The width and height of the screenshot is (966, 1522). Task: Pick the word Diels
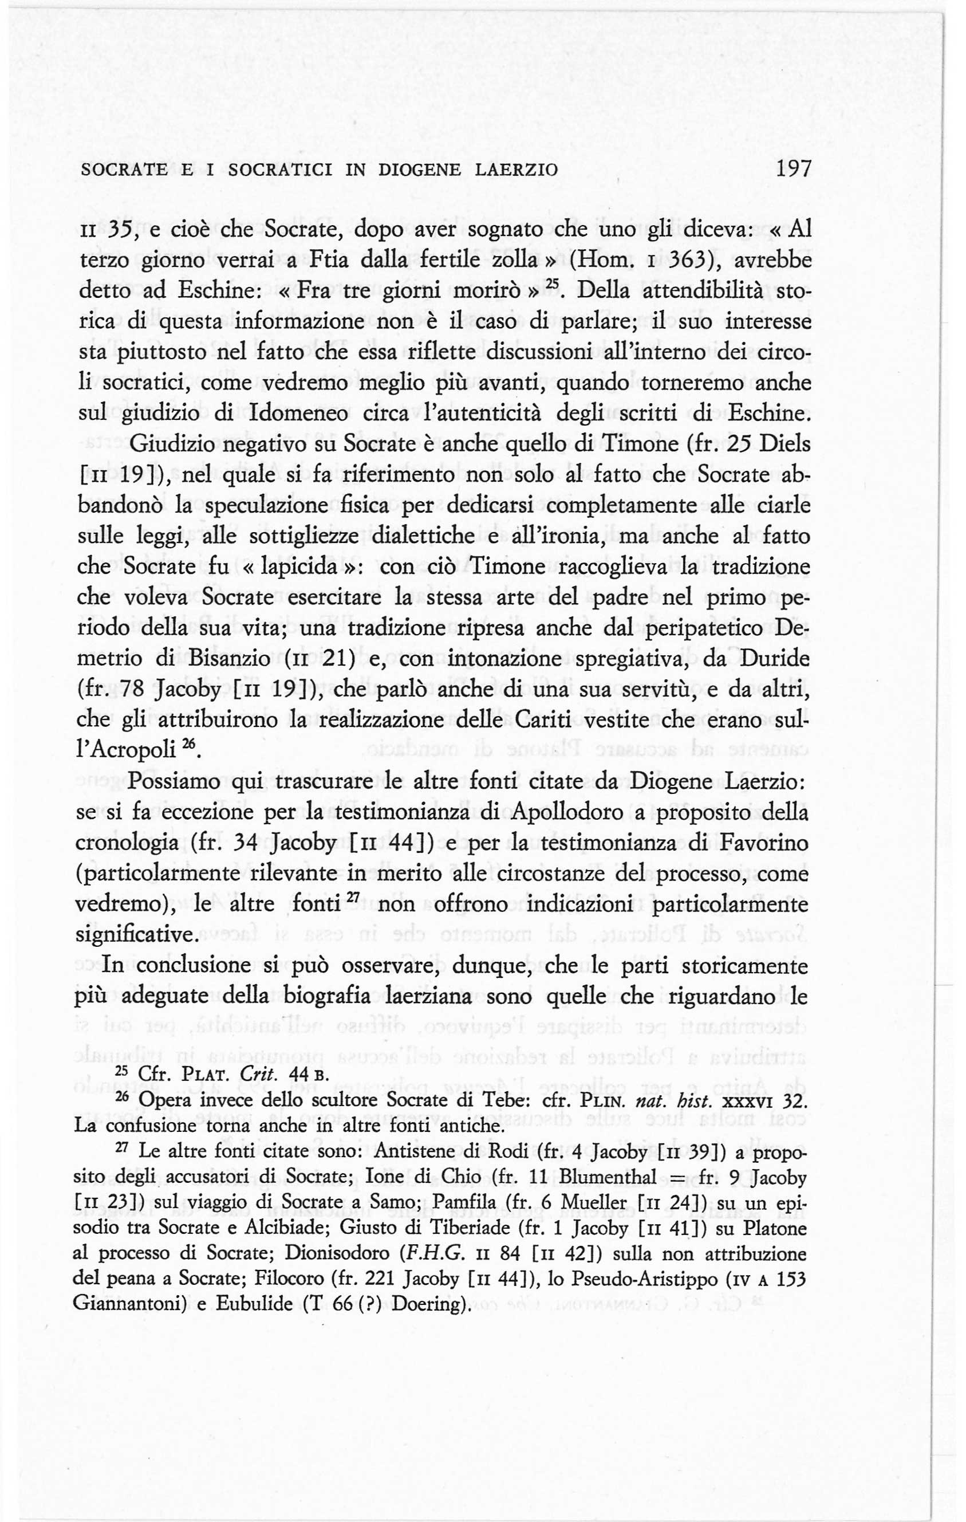click(x=784, y=445)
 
